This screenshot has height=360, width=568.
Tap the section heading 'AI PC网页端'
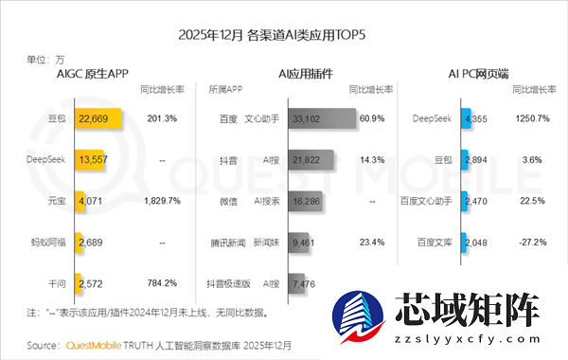(478, 73)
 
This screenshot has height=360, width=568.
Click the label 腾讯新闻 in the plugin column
(226, 242)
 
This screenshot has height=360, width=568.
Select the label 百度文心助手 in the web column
(428, 201)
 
